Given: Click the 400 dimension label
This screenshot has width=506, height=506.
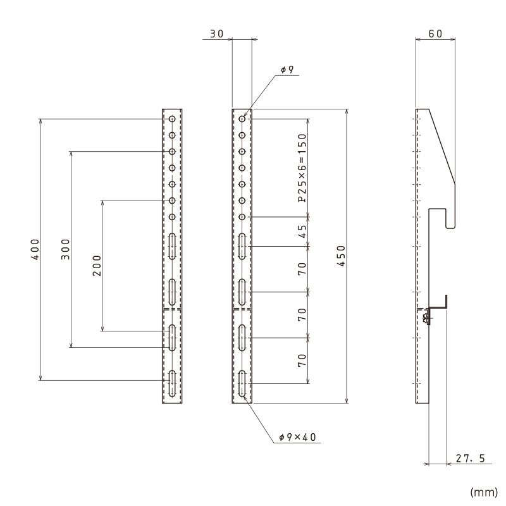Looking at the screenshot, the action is click(x=35, y=249).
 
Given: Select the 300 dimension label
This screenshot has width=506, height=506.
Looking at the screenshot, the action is click(x=66, y=249).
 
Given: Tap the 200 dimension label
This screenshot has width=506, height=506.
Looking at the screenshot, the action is click(x=97, y=266).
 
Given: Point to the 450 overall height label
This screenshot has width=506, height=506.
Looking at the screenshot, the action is click(x=341, y=256).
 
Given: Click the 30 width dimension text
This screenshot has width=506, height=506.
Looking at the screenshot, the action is click(x=216, y=34).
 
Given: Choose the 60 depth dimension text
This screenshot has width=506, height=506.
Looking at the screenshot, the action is click(x=435, y=34).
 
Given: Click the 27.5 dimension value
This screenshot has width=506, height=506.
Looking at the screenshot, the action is click(x=471, y=458).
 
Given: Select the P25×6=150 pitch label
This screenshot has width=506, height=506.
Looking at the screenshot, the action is click(x=302, y=168).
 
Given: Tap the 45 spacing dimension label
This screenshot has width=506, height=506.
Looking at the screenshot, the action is click(x=302, y=231).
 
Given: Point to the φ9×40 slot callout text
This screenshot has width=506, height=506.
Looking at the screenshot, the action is click(x=297, y=437).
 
